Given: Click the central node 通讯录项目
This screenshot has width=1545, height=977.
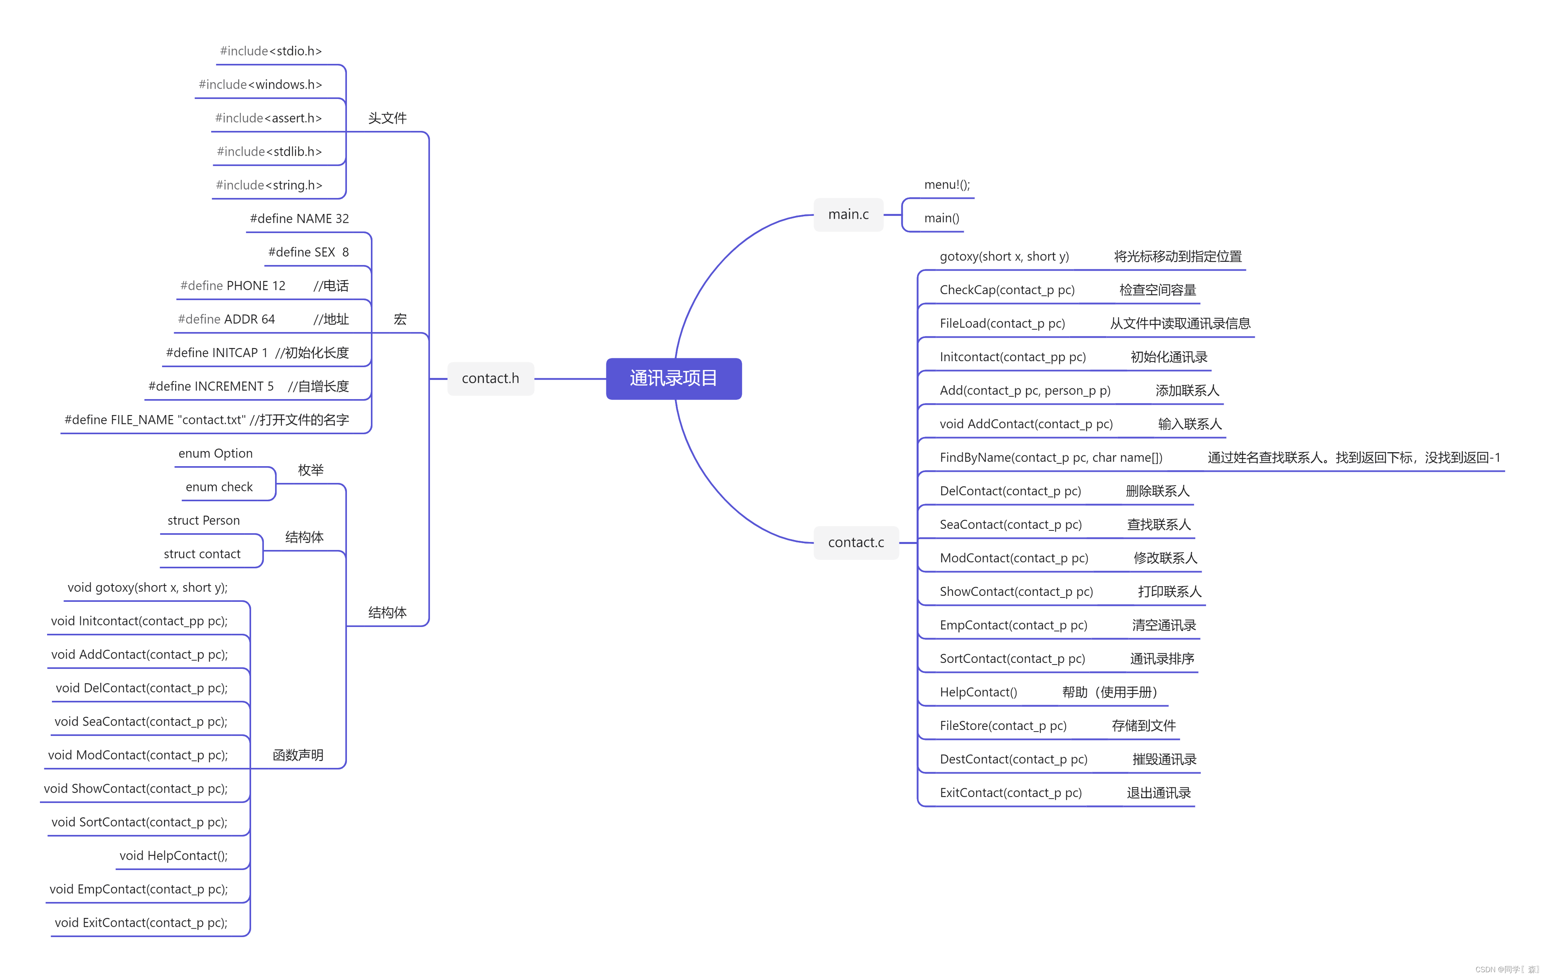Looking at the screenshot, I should tap(674, 378).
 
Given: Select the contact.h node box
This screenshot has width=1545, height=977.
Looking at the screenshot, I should tap(490, 378).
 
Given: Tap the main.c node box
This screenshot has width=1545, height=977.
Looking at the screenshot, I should tap(848, 214).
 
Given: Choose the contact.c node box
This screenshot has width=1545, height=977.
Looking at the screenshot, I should tap(856, 543).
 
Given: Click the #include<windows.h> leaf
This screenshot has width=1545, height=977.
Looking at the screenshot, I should tap(260, 85).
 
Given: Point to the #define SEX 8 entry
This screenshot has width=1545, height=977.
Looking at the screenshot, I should tap(308, 252).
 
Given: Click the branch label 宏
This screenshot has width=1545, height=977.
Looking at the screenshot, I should tap(400, 319).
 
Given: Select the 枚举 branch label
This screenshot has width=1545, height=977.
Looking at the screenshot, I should tap(311, 470).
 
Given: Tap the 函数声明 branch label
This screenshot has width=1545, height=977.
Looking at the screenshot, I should tap(298, 755).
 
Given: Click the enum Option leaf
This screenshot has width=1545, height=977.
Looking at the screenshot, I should tap(216, 453).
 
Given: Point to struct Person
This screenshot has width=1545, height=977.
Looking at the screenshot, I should tap(203, 520).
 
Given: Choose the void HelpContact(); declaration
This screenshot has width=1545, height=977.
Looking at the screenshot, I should tap(173, 856).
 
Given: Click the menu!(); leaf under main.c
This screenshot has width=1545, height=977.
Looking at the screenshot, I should tap(947, 185).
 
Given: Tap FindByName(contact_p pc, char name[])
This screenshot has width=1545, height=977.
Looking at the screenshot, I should tap(1051, 457).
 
